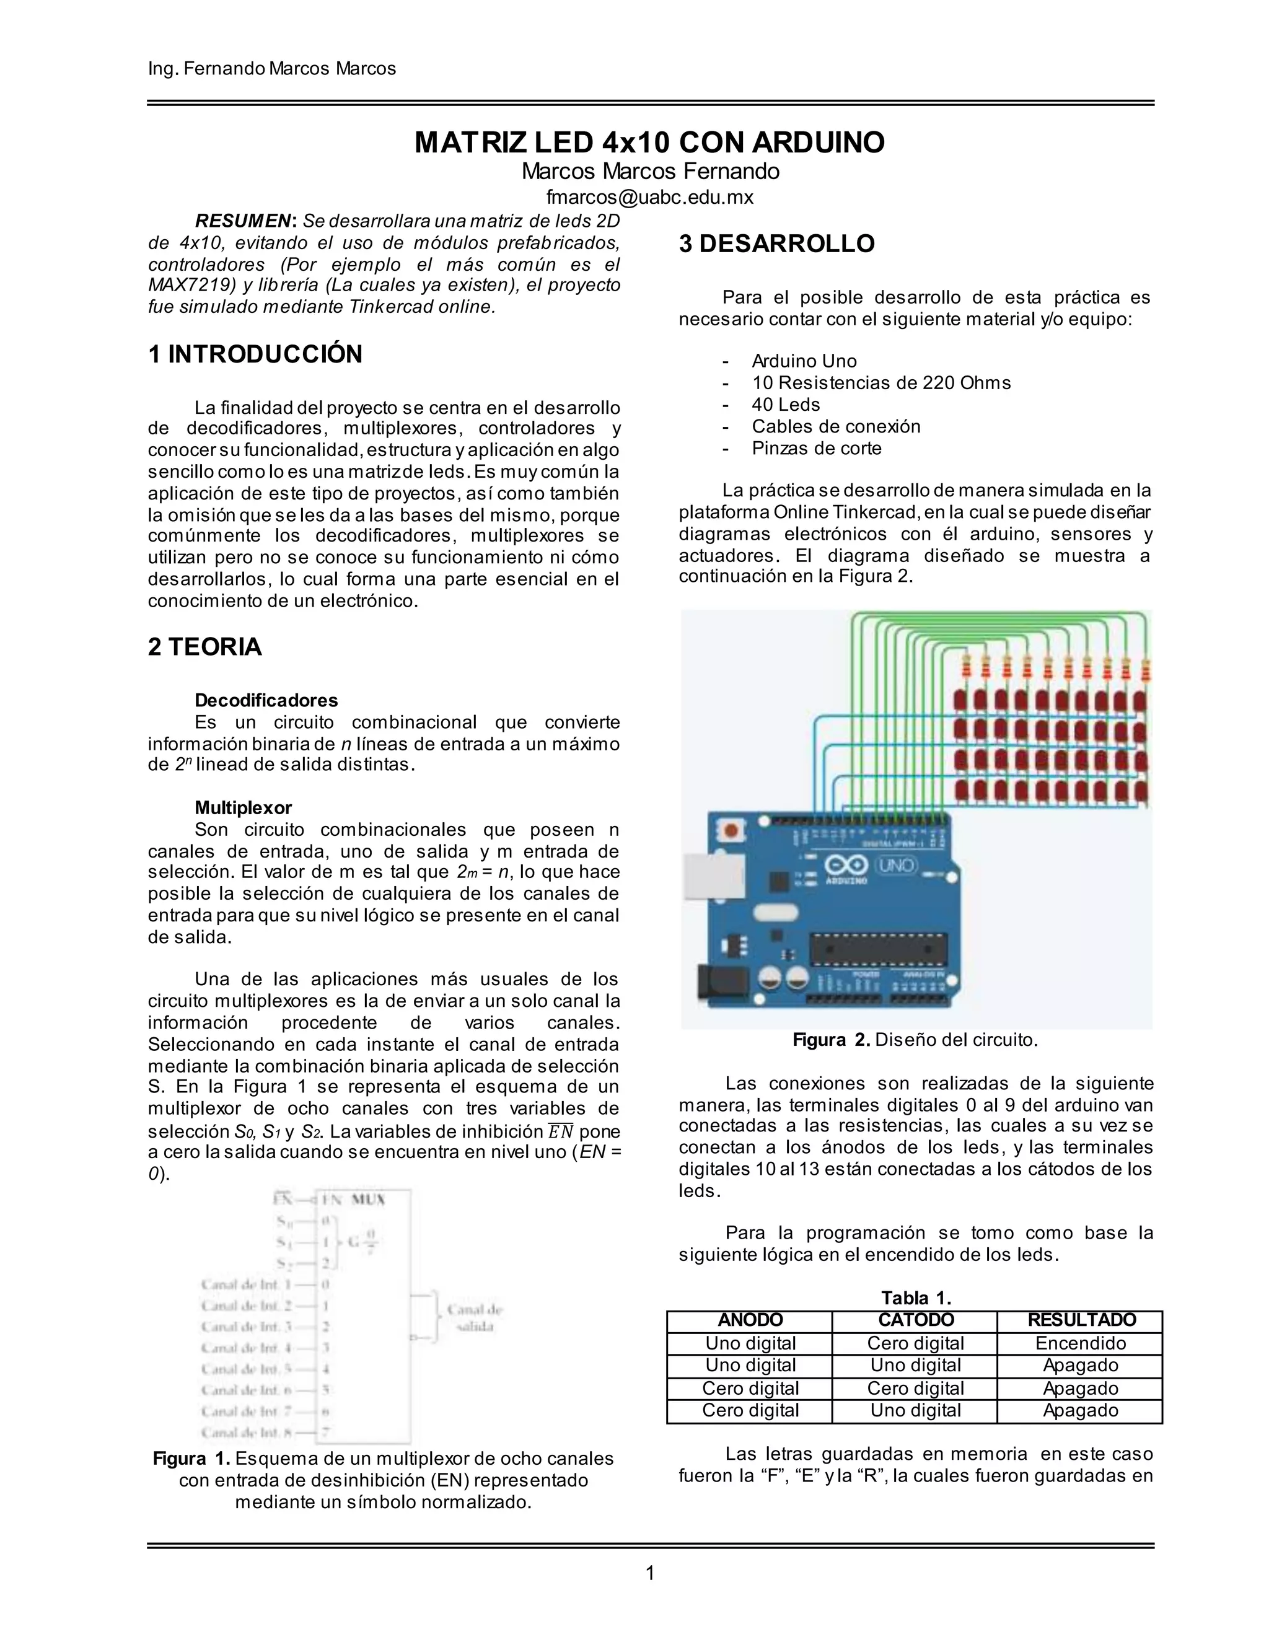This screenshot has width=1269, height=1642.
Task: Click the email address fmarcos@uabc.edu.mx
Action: (x=649, y=197)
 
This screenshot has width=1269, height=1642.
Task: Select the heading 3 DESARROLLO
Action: (x=776, y=244)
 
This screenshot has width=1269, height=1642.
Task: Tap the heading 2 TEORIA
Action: (x=204, y=646)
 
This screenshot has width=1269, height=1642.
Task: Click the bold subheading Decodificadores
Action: (x=266, y=700)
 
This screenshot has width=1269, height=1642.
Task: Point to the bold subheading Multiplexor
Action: (x=243, y=807)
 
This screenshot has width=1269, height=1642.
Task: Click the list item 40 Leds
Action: (x=786, y=405)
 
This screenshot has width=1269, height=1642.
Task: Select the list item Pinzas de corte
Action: (x=817, y=448)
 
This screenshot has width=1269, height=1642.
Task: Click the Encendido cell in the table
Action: (x=1080, y=1343)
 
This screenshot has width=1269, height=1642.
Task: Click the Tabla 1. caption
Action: (x=916, y=1297)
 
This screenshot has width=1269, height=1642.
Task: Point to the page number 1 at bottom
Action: (x=650, y=1573)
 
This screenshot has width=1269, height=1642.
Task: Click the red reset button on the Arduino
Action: (x=729, y=831)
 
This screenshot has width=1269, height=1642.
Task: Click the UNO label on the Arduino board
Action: (x=896, y=866)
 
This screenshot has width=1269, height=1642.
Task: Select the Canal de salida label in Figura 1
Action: (x=475, y=1317)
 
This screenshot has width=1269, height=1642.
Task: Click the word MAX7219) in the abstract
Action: (x=191, y=285)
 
